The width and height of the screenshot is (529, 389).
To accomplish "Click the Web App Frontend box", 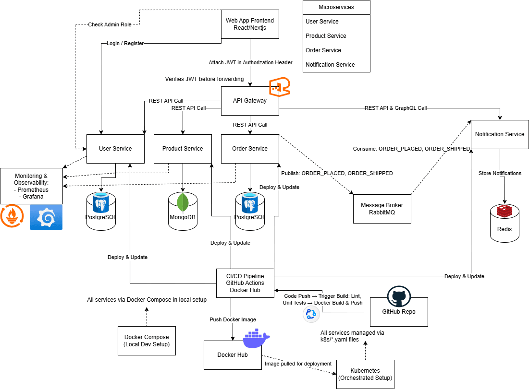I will point(250,24).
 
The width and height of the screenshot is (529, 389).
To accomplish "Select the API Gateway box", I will point(250,101).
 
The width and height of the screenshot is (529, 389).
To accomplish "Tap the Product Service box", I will point(183,149).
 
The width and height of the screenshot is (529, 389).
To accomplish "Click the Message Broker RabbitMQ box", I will point(382,209).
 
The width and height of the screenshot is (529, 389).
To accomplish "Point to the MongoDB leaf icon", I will point(183,202).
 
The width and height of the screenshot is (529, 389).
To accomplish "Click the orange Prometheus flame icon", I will point(12,216).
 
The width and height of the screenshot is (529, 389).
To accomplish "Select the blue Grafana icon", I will point(46,217).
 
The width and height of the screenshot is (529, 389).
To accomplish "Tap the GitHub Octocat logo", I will point(398,298).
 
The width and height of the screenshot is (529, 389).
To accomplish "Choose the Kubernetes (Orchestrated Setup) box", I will point(365,374).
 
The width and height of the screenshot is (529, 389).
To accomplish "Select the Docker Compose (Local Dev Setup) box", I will point(147,341).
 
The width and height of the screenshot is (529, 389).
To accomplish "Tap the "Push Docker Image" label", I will point(233,319).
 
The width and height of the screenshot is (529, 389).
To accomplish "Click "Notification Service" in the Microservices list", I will point(331,65).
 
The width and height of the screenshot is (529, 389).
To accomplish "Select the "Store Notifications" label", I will point(500,173).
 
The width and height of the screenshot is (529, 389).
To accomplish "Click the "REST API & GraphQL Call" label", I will point(395,108).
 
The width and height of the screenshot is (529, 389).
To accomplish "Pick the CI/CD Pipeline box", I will point(245,283).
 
